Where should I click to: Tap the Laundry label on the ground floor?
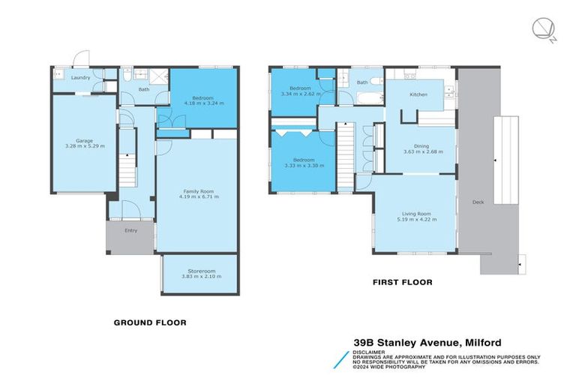click(x=81, y=77)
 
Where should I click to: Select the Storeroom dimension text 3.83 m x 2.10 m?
click(x=199, y=277)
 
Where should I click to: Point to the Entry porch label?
click(x=131, y=230)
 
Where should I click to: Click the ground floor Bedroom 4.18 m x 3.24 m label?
click(x=202, y=98)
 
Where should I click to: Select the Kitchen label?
click(x=418, y=94)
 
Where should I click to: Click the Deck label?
click(x=478, y=202)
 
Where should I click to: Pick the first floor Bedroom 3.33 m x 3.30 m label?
click(x=302, y=160)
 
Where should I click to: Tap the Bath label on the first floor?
click(x=362, y=82)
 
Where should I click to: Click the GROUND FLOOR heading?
click(x=149, y=322)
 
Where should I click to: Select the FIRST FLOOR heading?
click(x=403, y=283)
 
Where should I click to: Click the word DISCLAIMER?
click(x=370, y=352)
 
